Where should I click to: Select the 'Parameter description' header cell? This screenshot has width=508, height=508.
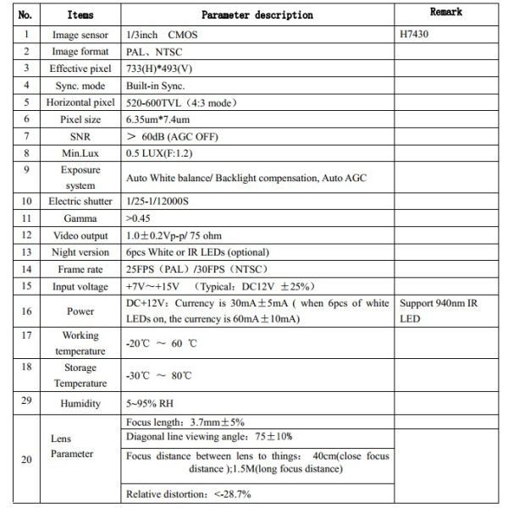[257, 15]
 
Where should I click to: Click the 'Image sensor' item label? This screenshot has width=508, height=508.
[80, 36]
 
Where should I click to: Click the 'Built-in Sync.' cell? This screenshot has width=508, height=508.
[155, 86]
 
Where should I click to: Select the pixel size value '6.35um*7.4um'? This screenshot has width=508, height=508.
[160, 119]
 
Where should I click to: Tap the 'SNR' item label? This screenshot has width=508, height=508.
[80, 135]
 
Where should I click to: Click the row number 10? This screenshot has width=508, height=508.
[28, 201]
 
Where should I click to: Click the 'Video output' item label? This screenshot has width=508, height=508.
[80, 235]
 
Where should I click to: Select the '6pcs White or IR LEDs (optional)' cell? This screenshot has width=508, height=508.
[196, 251]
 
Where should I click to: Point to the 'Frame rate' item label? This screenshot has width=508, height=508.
[80, 268]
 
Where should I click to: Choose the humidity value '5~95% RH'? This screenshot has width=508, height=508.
[151, 404]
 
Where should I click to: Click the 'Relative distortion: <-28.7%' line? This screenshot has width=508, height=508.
[188, 494]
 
